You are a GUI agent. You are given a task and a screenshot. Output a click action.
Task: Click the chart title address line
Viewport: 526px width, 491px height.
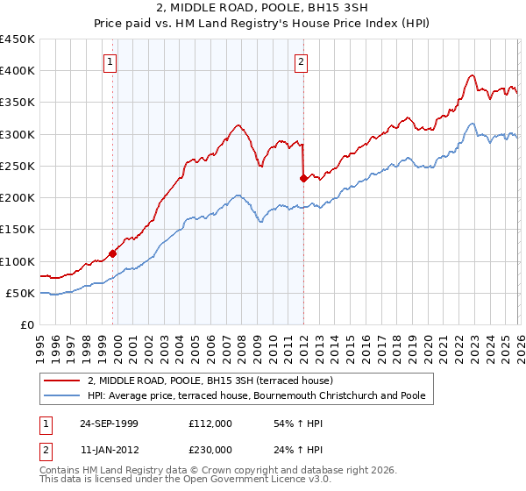click(262, 10)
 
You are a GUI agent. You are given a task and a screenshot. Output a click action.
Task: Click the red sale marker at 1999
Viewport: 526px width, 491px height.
click(113, 253)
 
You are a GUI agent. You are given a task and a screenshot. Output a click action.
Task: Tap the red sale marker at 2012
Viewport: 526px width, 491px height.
click(303, 178)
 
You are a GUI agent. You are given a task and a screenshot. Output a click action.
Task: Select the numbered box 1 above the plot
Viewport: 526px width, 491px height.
click(110, 61)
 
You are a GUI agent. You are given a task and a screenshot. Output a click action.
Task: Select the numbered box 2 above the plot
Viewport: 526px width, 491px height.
click(301, 61)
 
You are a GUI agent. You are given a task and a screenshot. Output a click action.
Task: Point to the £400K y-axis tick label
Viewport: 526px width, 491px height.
click(18, 71)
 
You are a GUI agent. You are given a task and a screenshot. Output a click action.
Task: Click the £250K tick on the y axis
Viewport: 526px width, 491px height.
click(18, 166)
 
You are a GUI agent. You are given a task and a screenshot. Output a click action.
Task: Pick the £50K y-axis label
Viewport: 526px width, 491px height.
click(21, 293)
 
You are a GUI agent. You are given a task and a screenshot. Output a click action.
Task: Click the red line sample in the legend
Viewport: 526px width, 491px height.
click(63, 381)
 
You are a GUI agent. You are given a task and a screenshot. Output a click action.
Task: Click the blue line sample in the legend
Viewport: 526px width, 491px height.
click(63, 396)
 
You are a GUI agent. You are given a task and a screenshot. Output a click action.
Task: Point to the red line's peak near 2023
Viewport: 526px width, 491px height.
click(472, 75)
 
